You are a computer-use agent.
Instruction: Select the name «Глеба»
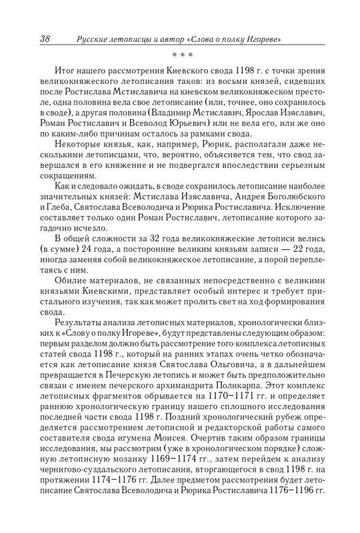(60, 224)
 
